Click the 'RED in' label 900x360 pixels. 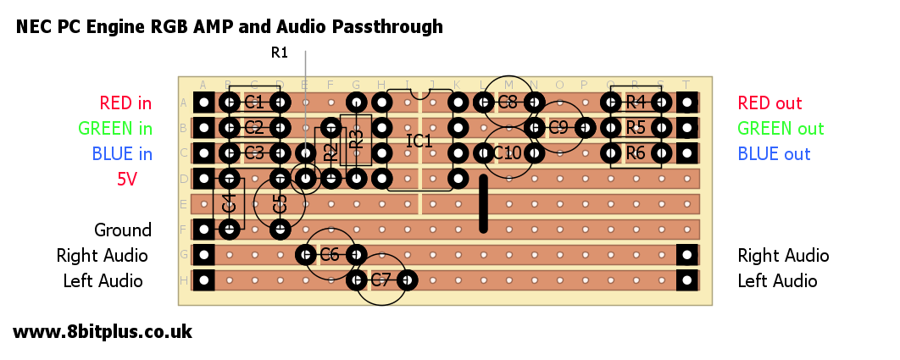tap(125, 103)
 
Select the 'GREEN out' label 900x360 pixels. tap(781, 129)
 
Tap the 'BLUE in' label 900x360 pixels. tap(122, 154)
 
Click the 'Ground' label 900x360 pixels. tap(123, 230)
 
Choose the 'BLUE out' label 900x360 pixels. tap(774, 154)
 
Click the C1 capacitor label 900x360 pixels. tap(254, 103)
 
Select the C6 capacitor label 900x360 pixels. tap(330, 254)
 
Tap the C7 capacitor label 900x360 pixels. tap(381, 280)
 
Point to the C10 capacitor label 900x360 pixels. tap(508, 153)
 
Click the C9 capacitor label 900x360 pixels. tap(558, 128)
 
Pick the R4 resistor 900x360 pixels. tap(636, 102)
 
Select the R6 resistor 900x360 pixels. tap(636, 153)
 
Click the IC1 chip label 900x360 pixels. tap(419, 141)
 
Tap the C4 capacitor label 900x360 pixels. tap(228, 203)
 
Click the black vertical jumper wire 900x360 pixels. tap(484, 203)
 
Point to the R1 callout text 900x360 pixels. tap(280, 53)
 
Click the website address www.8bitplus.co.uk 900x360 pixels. tap(103, 331)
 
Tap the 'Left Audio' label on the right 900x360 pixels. tap(777, 281)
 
